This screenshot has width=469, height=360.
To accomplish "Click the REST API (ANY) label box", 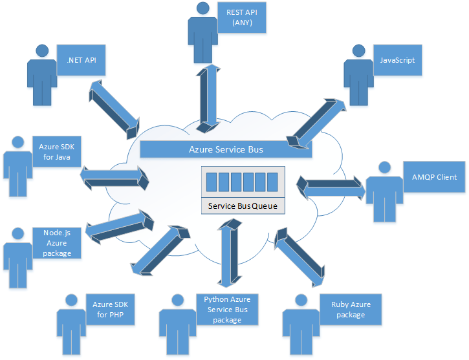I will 239,18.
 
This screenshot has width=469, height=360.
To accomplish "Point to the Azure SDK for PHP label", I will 107,309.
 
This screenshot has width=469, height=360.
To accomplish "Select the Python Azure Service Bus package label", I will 226,309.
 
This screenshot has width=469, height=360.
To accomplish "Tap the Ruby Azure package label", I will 351,309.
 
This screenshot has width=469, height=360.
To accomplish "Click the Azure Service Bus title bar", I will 226,149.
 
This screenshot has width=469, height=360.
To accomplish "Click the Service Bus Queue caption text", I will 243,206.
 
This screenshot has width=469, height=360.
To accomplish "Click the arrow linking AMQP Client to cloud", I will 331,187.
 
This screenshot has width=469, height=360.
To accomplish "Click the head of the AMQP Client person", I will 384,167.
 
